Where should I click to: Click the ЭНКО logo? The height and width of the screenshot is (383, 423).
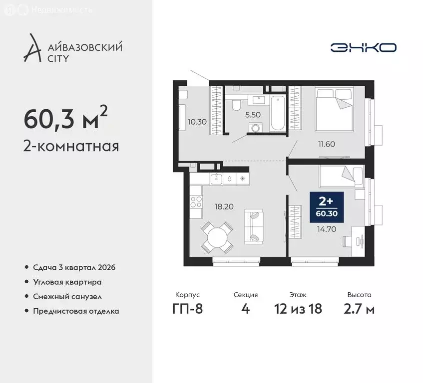pos(363,47)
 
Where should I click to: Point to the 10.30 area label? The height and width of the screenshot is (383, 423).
pos(196,121)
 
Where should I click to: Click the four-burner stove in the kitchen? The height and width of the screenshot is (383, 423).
pos(196,202)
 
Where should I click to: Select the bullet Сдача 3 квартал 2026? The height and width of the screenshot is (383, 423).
pos(74,268)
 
